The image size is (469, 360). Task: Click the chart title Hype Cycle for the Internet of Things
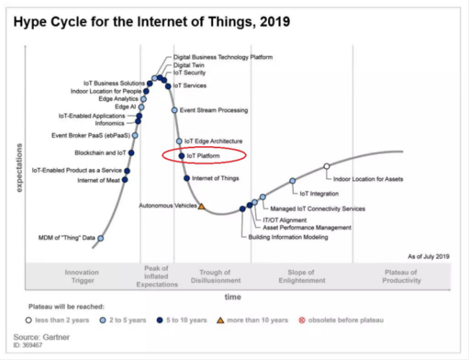tap(151, 22)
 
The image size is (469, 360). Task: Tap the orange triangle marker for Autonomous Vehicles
tap(202, 207)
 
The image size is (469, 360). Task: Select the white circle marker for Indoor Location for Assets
tap(326, 166)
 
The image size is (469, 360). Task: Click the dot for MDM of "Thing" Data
tap(101, 238)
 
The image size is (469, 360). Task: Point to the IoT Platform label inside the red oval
tap(203, 155)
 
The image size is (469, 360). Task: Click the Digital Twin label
tap(189, 65)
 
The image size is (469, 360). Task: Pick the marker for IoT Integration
tap(292, 181)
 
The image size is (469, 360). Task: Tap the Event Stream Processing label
tap(214, 110)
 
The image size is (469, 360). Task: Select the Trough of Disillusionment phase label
tap(215, 276)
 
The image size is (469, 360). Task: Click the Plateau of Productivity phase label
tap(401, 276)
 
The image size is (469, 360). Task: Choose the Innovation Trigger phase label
tap(81, 276)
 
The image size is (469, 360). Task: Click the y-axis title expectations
tap(19, 167)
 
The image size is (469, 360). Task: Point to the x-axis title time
tap(233, 296)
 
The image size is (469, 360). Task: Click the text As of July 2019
tap(428, 256)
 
